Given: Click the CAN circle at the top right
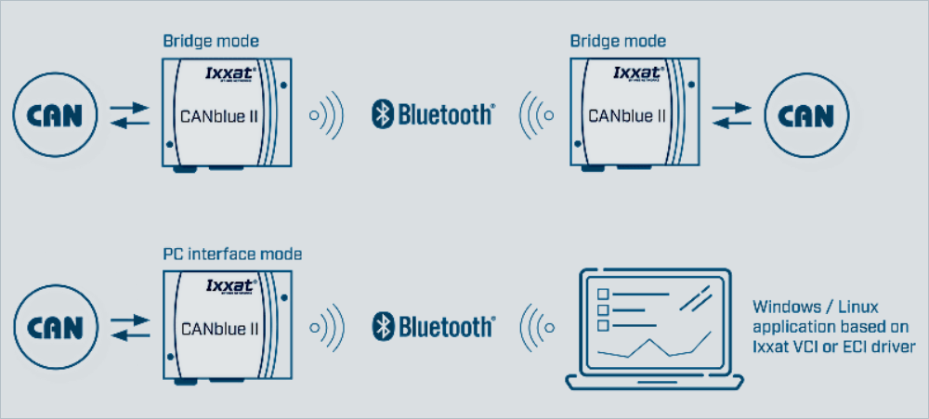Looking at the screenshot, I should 799,116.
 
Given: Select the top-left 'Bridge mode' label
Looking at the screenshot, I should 211,41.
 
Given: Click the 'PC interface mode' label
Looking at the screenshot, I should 232,253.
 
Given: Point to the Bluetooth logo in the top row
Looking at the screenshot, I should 432,115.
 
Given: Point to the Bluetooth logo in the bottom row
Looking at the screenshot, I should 432,326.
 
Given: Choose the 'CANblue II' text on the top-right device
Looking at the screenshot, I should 629,117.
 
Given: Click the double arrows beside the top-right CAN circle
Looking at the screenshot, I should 730,117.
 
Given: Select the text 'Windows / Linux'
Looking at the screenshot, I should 816,306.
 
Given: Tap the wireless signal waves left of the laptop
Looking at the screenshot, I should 536,327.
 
